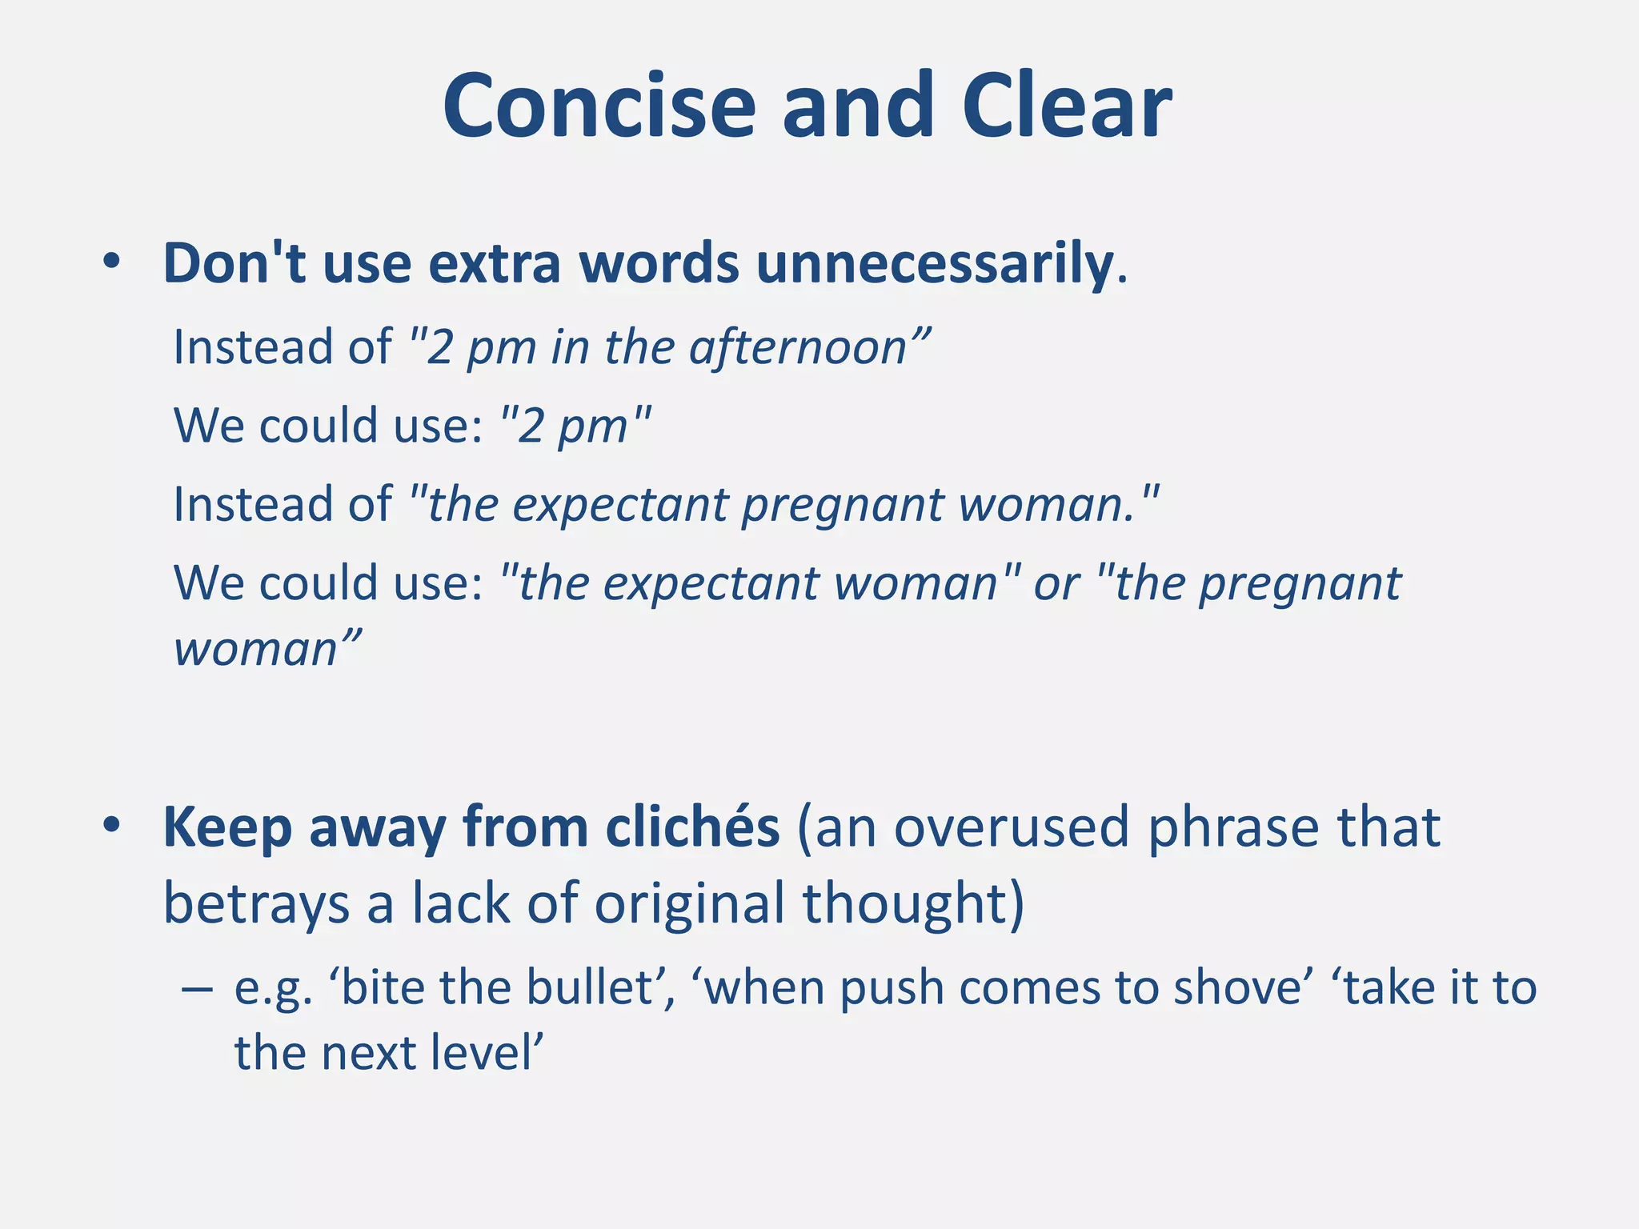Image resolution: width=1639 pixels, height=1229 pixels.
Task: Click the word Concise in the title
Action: point(599,106)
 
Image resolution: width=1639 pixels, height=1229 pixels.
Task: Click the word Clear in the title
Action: point(1066,106)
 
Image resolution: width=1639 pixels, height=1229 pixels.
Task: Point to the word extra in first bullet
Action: point(494,263)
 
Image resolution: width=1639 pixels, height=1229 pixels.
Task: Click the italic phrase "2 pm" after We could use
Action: point(574,425)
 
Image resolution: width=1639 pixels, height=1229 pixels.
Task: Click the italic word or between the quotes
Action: point(1056,583)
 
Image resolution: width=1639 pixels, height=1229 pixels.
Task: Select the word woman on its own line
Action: point(256,648)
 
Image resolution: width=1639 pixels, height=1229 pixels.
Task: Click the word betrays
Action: point(254,903)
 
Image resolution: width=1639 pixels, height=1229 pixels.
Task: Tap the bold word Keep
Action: point(226,828)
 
